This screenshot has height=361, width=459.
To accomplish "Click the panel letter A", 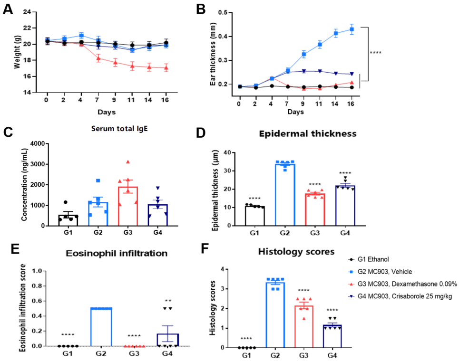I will [8, 9].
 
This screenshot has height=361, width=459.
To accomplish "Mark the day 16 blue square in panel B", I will [352, 29].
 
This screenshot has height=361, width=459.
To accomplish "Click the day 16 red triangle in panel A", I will [166, 68].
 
